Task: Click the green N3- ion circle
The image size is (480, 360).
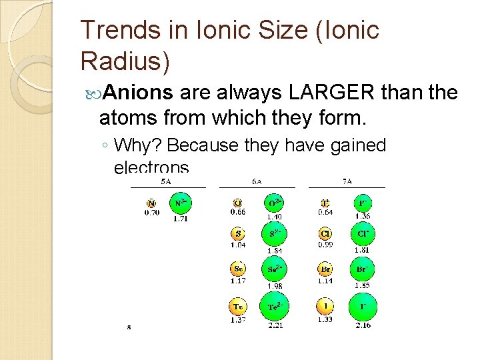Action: coord(179,203)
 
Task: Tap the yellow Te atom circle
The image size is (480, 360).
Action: coord(238,307)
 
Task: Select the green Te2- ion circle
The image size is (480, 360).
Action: coord(274,307)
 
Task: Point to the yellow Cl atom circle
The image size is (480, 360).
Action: coord(325,234)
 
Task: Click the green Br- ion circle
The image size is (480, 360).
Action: coord(362,270)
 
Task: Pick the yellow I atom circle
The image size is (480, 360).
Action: coord(325,306)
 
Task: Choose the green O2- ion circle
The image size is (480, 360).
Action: coord(274,203)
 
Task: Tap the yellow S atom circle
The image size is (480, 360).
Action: coord(238,234)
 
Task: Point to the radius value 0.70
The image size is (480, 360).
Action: coord(152,213)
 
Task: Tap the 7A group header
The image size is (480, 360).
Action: coord(347,181)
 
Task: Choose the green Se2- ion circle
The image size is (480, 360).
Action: coord(274,269)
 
